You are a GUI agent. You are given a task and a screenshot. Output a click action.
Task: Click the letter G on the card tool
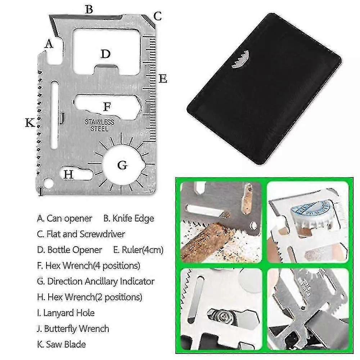tap(122, 165)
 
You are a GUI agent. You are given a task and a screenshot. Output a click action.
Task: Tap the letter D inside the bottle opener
tap(105, 54)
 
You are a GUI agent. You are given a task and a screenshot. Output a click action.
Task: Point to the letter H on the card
tap(68, 175)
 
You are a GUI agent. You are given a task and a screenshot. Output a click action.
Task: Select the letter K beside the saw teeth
tap(30, 122)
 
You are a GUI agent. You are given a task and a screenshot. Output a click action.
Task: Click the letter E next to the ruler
tap(163, 79)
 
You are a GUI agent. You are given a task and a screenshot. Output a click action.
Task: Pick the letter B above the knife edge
tap(89, 10)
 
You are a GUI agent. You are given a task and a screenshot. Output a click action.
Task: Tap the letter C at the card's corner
tap(158, 16)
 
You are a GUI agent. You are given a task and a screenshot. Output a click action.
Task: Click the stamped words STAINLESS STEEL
tap(99, 125)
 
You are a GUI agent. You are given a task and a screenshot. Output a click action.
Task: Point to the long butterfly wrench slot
tap(55, 115)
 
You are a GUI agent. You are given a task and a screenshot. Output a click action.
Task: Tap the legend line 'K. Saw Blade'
tap(61, 344)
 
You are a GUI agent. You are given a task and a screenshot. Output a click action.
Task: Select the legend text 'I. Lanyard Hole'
tap(66, 313)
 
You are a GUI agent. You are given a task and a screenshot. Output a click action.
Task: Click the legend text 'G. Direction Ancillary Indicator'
tap(96, 281)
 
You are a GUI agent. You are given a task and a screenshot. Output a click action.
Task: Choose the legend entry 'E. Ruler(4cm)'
tap(138, 250)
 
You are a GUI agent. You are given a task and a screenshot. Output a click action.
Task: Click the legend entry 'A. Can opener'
tap(64, 219)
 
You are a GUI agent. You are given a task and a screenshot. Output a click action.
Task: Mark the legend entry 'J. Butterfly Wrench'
tap(73, 329)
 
